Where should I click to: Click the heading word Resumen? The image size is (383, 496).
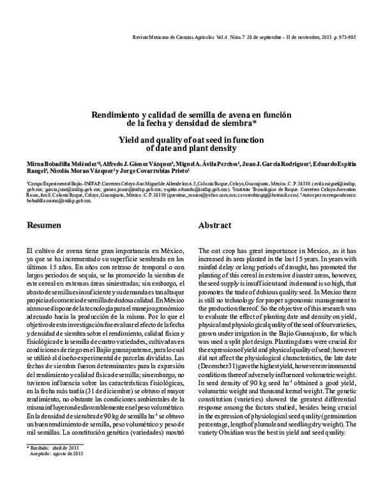(x=44, y=226)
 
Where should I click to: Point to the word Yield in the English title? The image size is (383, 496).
(x=129, y=139)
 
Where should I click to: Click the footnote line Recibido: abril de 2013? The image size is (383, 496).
(x=55, y=467)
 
